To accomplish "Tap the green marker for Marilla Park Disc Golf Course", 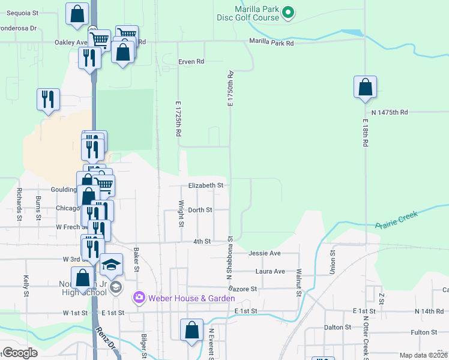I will point(288,11).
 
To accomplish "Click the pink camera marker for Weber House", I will point(139,297).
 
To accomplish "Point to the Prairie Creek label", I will point(396,221).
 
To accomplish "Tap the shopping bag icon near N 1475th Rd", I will point(365,88).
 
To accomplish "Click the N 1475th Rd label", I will point(390,112).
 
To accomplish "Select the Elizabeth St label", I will point(206,186).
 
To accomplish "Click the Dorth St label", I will point(200,210).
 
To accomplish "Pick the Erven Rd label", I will point(191,61).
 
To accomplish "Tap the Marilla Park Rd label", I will point(272,43).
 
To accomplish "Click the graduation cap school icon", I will point(111,265).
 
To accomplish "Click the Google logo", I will point(20,353).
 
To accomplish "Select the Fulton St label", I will point(424,332).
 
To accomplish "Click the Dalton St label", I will point(337,327).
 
